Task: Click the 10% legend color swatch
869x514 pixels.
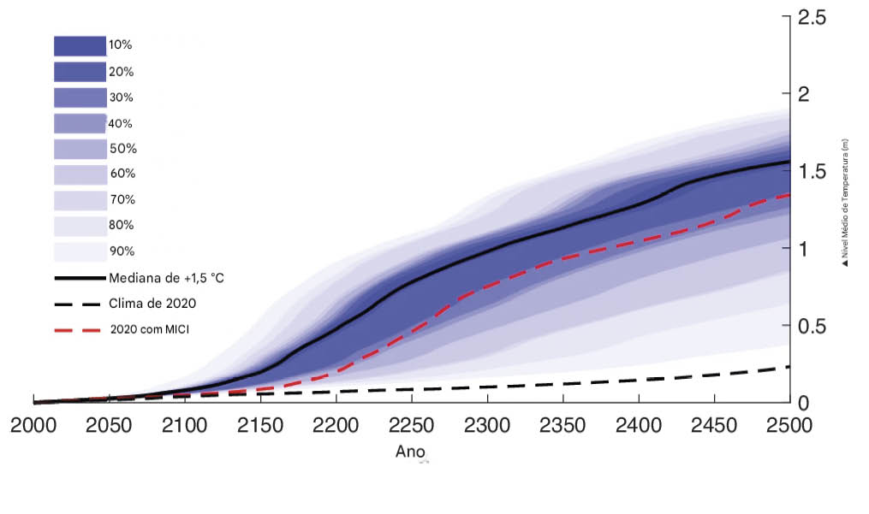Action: (x=80, y=45)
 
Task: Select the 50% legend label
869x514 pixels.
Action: (x=122, y=149)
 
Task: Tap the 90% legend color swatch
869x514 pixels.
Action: (x=80, y=251)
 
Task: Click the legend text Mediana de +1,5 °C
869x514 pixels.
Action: (x=167, y=278)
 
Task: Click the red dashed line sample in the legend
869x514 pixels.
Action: (x=80, y=329)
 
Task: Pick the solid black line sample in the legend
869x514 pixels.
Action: (x=80, y=278)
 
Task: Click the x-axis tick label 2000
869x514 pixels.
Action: (x=34, y=426)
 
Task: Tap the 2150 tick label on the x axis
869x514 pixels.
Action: (x=261, y=426)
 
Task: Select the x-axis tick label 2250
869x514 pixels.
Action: (x=413, y=426)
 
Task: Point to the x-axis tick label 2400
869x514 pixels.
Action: (x=639, y=426)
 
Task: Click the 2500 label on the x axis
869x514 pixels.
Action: (x=789, y=426)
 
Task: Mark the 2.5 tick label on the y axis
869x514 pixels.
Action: (x=813, y=16)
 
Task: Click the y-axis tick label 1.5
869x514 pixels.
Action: (x=813, y=171)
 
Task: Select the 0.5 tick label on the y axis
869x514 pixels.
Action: (x=813, y=327)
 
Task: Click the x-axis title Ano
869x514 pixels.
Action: (x=410, y=452)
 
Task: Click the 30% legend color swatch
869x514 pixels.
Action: (x=80, y=97)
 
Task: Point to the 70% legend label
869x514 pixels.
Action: (x=122, y=200)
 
